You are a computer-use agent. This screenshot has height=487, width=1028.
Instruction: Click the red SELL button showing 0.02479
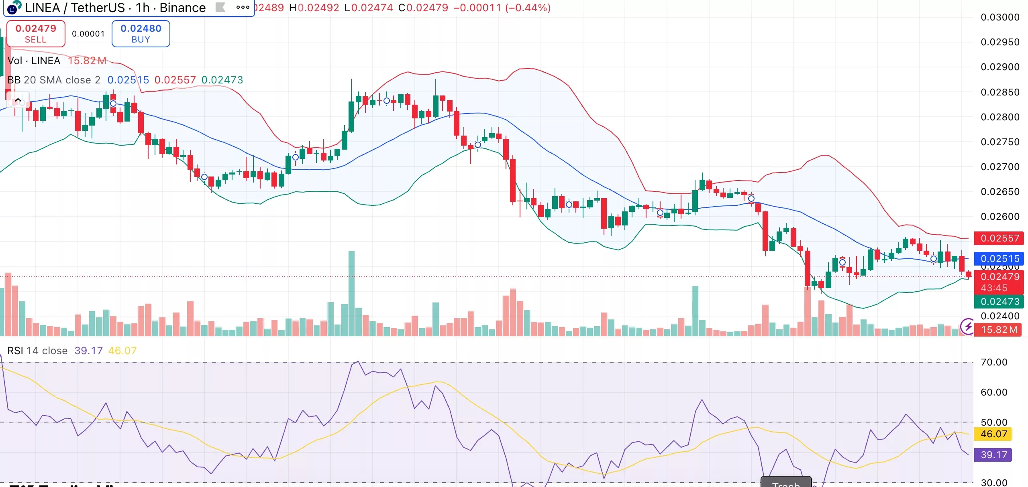click(x=36, y=34)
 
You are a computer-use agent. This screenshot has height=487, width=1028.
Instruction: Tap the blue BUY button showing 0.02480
click(x=141, y=34)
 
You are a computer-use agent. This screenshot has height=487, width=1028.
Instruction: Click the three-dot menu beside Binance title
click(x=243, y=7)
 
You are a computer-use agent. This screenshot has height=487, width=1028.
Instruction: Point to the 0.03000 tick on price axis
click(x=999, y=17)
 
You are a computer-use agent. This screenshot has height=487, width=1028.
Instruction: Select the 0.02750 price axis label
click(x=999, y=142)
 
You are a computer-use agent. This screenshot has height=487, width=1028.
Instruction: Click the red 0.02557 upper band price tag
click(x=999, y=238)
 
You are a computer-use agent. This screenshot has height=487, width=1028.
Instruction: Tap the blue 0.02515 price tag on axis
click(x=999, y=259)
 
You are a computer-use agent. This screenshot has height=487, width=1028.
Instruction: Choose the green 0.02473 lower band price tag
click(x=999, y=302)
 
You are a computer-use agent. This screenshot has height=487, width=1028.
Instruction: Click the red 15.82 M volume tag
click(x=998, y=330)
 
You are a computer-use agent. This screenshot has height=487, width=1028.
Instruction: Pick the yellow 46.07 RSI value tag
click(x=993, y=434)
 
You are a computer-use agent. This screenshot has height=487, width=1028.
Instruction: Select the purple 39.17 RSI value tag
click(x=993, y=455)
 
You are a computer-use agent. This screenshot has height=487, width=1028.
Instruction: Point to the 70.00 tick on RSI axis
click(x=993, y=362)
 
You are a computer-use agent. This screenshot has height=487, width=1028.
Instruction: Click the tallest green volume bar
click(x=351, y=293)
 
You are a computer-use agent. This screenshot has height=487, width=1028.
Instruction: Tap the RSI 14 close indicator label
click(x=37, y=351)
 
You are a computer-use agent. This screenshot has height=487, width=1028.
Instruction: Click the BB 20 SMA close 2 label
click(x=54, y=80)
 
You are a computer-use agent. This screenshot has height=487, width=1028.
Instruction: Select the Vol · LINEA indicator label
click(x=34, y=61)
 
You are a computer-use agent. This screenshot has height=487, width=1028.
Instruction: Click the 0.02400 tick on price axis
click(x=999, y=316)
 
